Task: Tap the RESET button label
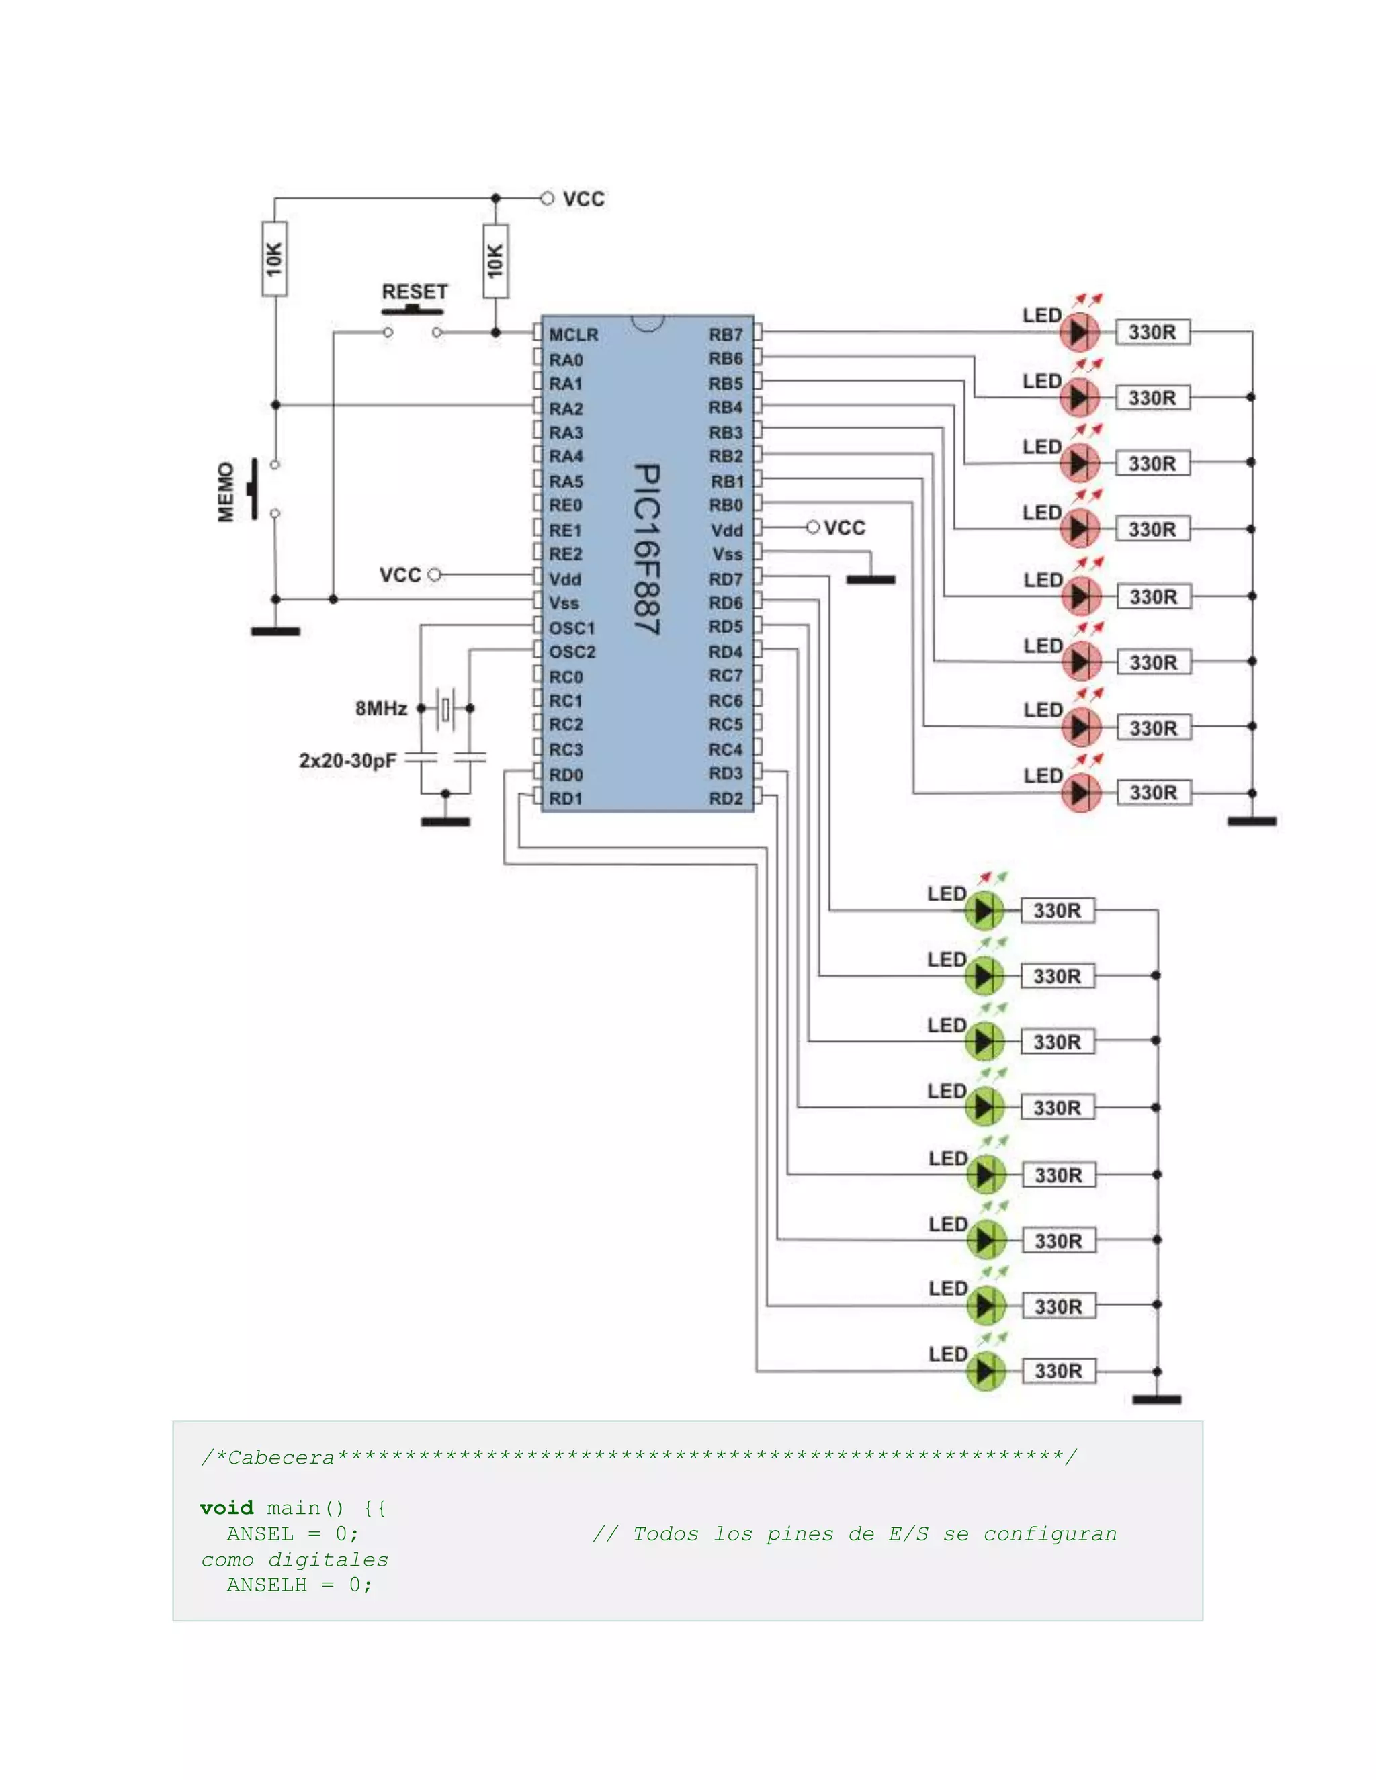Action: pos(415,292)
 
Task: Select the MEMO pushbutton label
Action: pos(226,492)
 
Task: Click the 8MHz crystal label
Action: pos(381,708)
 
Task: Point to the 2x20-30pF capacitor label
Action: pos(347,761)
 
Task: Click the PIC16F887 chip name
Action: pos(647,550)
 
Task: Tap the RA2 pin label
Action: pos(566,408)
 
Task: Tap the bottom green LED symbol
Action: pos(986,1372)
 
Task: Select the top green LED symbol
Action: pos(984,910)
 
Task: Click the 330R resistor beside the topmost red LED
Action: pos(1153,332)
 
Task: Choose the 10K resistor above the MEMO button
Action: pos(275,259)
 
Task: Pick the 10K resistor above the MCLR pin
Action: pos(496,261)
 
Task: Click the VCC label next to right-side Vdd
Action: pos(845,528)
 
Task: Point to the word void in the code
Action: pos(226,1509)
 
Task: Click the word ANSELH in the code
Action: pos(267,1585)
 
